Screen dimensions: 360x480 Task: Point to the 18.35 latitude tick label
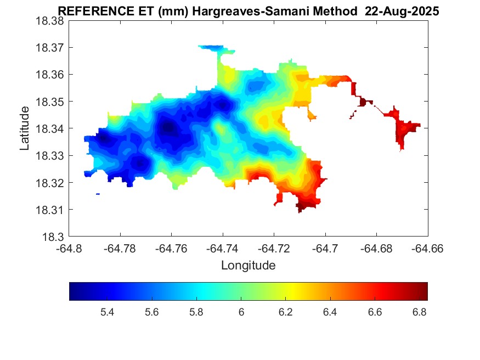tap(50, 102)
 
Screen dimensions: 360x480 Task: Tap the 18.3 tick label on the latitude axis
tap(54, 237)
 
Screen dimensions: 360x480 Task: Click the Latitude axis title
tap(25, 128)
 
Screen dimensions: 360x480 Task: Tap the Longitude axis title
tap(248, 266)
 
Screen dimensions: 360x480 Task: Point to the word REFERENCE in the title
tap(90, 12)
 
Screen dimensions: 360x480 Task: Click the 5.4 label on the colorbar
tap(107, 312)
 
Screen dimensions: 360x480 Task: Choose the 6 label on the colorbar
tap(241, 312)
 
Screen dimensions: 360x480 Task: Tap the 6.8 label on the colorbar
tap(420, 312)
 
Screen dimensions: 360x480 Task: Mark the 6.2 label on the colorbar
tap(286, 312)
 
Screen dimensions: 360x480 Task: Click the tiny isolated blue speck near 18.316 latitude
tap(98, 194)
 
